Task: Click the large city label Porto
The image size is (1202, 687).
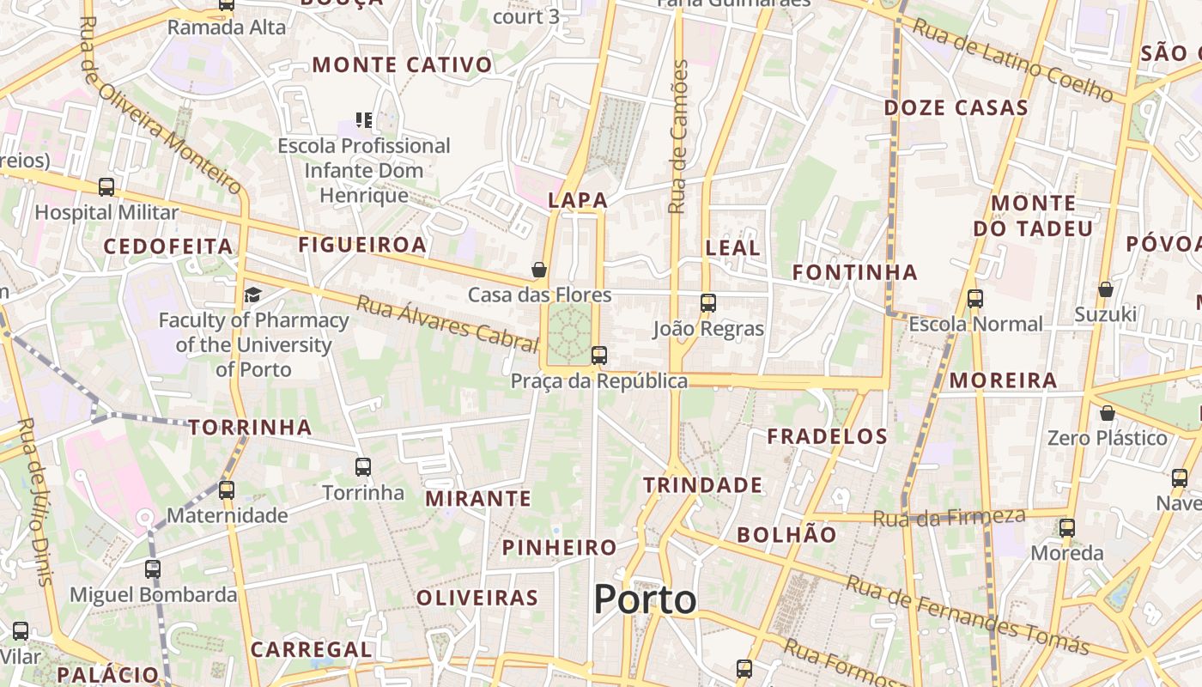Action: click(x=645, y=599)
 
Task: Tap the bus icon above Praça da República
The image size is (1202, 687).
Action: click(x=599, y=355)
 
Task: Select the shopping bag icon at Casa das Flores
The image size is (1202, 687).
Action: click(x=539, y=270)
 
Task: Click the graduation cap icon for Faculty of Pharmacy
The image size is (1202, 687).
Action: click(x=252, y=295)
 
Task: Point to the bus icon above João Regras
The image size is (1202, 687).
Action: click(x=708, y=302)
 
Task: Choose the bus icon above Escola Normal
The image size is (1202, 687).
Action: click(x=975, y=299)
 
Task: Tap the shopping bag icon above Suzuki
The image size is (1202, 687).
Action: click(x=1106, y=289)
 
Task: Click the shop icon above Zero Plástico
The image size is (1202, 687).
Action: click(x=1108, y=413)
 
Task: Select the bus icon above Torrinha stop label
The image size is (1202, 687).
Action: click(x=363, y=467)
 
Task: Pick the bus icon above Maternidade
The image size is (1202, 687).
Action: click(x=227, y=490)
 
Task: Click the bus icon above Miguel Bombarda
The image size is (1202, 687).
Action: click(x=153, y=568)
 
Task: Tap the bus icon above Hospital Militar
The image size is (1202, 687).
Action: click(x=106, y=186)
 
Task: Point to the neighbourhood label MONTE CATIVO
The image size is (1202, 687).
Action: click(x=403, y=64)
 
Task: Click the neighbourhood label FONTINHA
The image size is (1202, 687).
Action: click(x=855, y=272)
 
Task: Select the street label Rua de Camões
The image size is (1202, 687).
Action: click(x=679, y=137)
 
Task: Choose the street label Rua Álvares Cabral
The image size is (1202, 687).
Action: click(x=446, y=323)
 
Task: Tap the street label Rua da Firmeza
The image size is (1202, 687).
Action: click(x=949, y=517)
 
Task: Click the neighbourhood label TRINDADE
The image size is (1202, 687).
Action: click(x=702, y=485)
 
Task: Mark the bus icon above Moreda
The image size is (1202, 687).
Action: click(x=1067, y=528)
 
